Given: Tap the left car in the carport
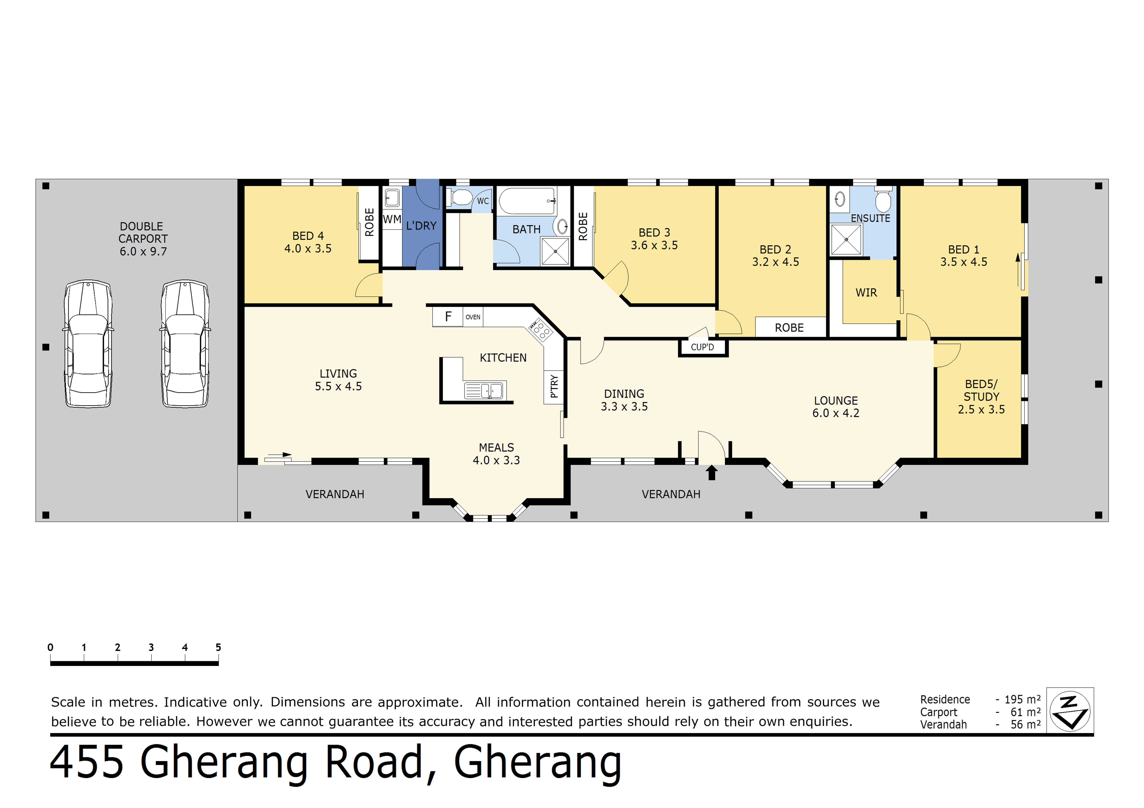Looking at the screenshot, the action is pyautogui.click(x=88, y=343).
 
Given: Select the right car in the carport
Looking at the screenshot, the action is pyautogui.click(x=185, y=343).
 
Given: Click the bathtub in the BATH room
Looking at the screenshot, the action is pyautogui.click(x=527, y=201).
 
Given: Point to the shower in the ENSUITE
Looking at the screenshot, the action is pyautogui.click(x=846, y=239).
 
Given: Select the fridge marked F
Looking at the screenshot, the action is pyautogui.click(x=448, y=317).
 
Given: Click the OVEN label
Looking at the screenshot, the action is pyautogui.click(x=473, y=317).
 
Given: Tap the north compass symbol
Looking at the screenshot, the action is pyautogui.click(x=1070, y=711).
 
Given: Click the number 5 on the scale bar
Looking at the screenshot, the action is pyautogui.click(x=218, y=647).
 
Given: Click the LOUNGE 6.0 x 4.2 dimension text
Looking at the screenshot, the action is pyautogui.click(x=836, y=413).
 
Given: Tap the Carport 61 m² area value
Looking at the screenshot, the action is pyautogui.click(x=1025, y=712).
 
